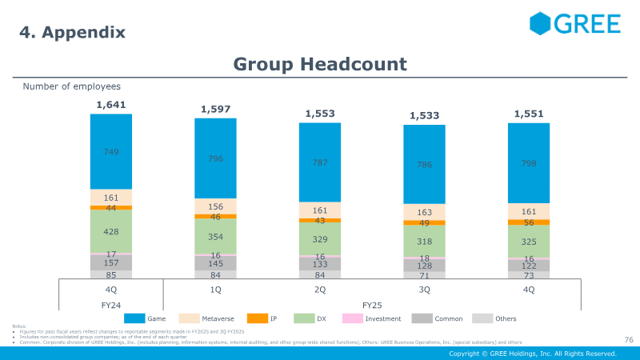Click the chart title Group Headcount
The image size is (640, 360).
(320, 64)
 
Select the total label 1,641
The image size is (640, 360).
(110, 104)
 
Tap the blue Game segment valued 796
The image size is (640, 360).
(215, 158)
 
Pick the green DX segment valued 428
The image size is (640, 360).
(110, 230)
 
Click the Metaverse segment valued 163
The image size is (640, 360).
(424, 213)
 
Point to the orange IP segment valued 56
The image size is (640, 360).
(528, 222)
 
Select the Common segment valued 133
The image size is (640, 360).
(320, 265)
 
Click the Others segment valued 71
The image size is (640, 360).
(424, 275)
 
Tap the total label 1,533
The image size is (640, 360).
(424, 116)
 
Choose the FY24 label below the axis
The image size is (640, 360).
(110, 305)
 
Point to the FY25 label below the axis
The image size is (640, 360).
(372, 305)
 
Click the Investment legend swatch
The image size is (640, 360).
(352, 318)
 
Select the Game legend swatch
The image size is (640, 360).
(134, 318)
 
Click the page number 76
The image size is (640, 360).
(628, 339)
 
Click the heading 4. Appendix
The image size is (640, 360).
(72, 32)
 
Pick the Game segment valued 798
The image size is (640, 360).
(528, 162)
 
